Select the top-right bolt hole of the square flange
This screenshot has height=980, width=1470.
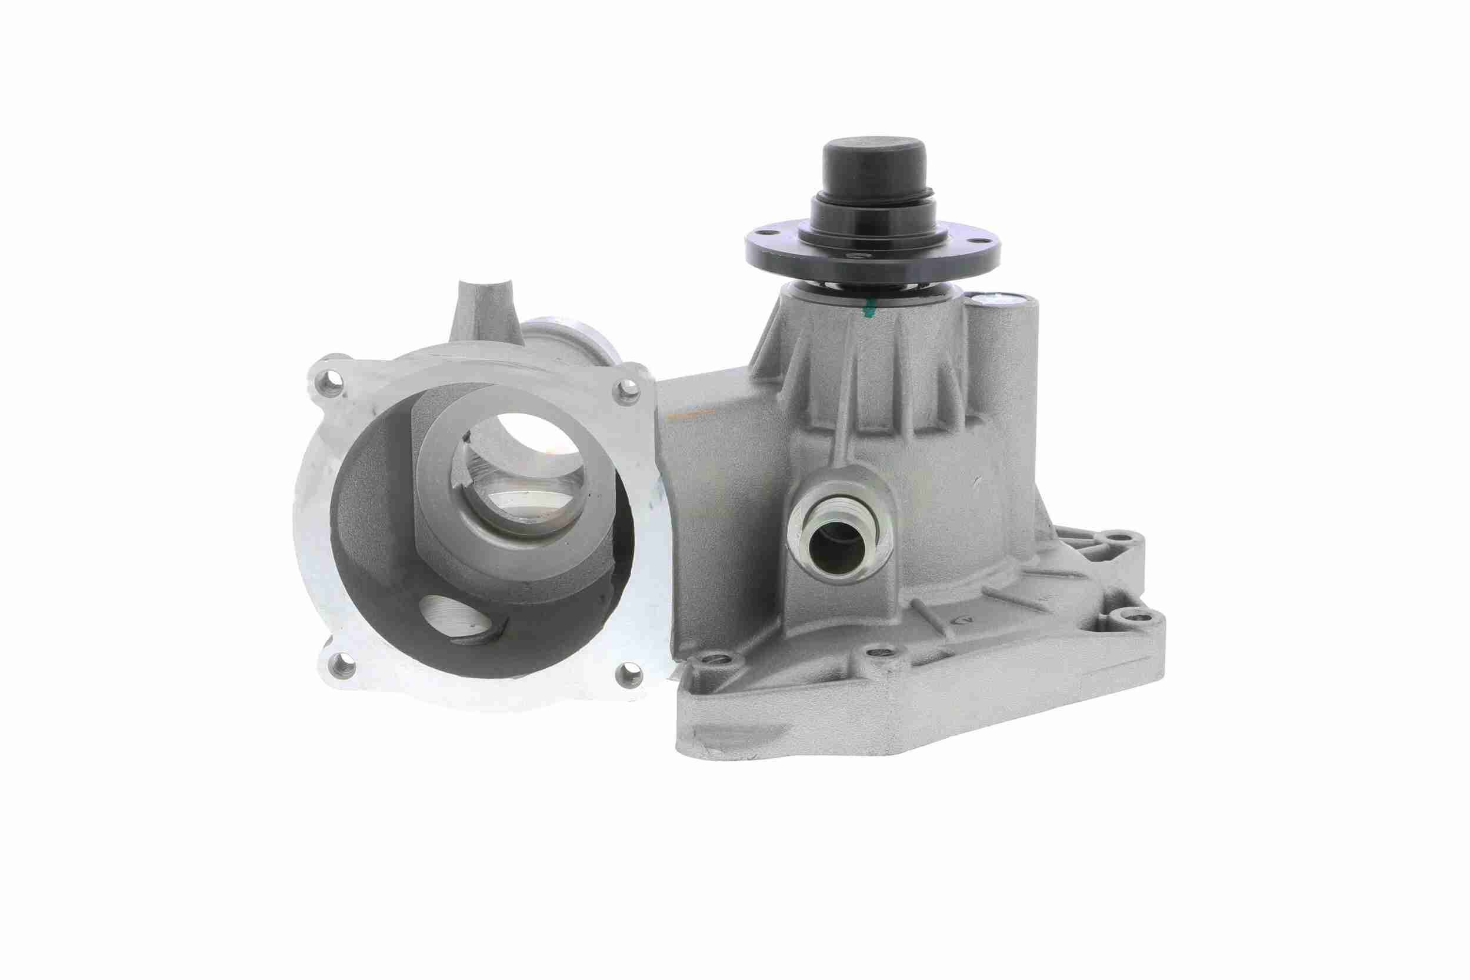(628, 390)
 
